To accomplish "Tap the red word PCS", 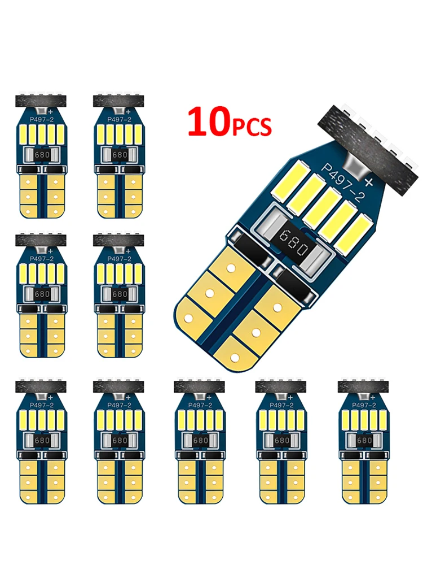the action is pos(253,127).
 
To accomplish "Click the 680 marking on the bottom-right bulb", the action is pos(365,440).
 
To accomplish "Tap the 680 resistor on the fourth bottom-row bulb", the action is pos(282,440).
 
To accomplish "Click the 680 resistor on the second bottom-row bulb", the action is pos(120,440).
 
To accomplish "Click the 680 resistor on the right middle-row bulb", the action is pos(120,294).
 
